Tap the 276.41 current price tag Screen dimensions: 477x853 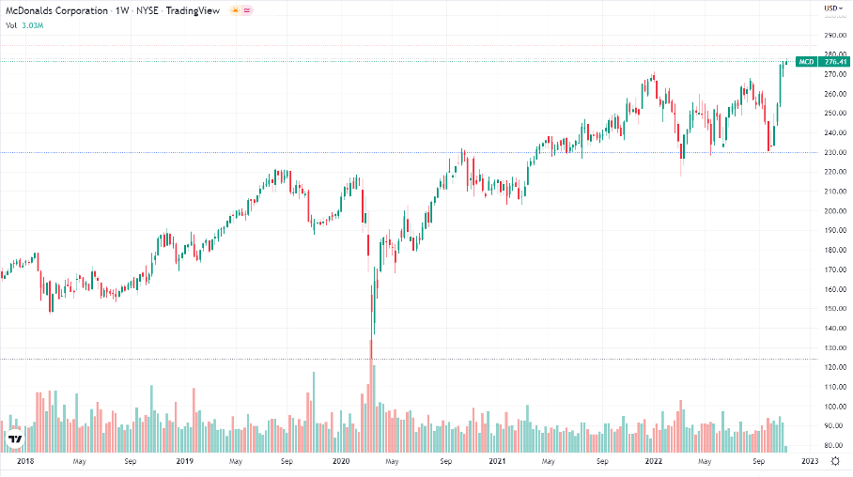click(x=833, y=62)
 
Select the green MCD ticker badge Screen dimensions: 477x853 click(x=806, y=62)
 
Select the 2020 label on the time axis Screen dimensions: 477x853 click(x=341, y=461)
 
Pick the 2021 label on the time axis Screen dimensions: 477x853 click(x=498, y=461)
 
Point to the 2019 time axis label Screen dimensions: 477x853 click(x=185, y=461)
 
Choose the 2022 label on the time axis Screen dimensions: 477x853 click(x=655, y=461)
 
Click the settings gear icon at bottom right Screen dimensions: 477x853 click(x=834, y=461)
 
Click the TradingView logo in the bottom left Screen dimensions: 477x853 click(x=15, y=439)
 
